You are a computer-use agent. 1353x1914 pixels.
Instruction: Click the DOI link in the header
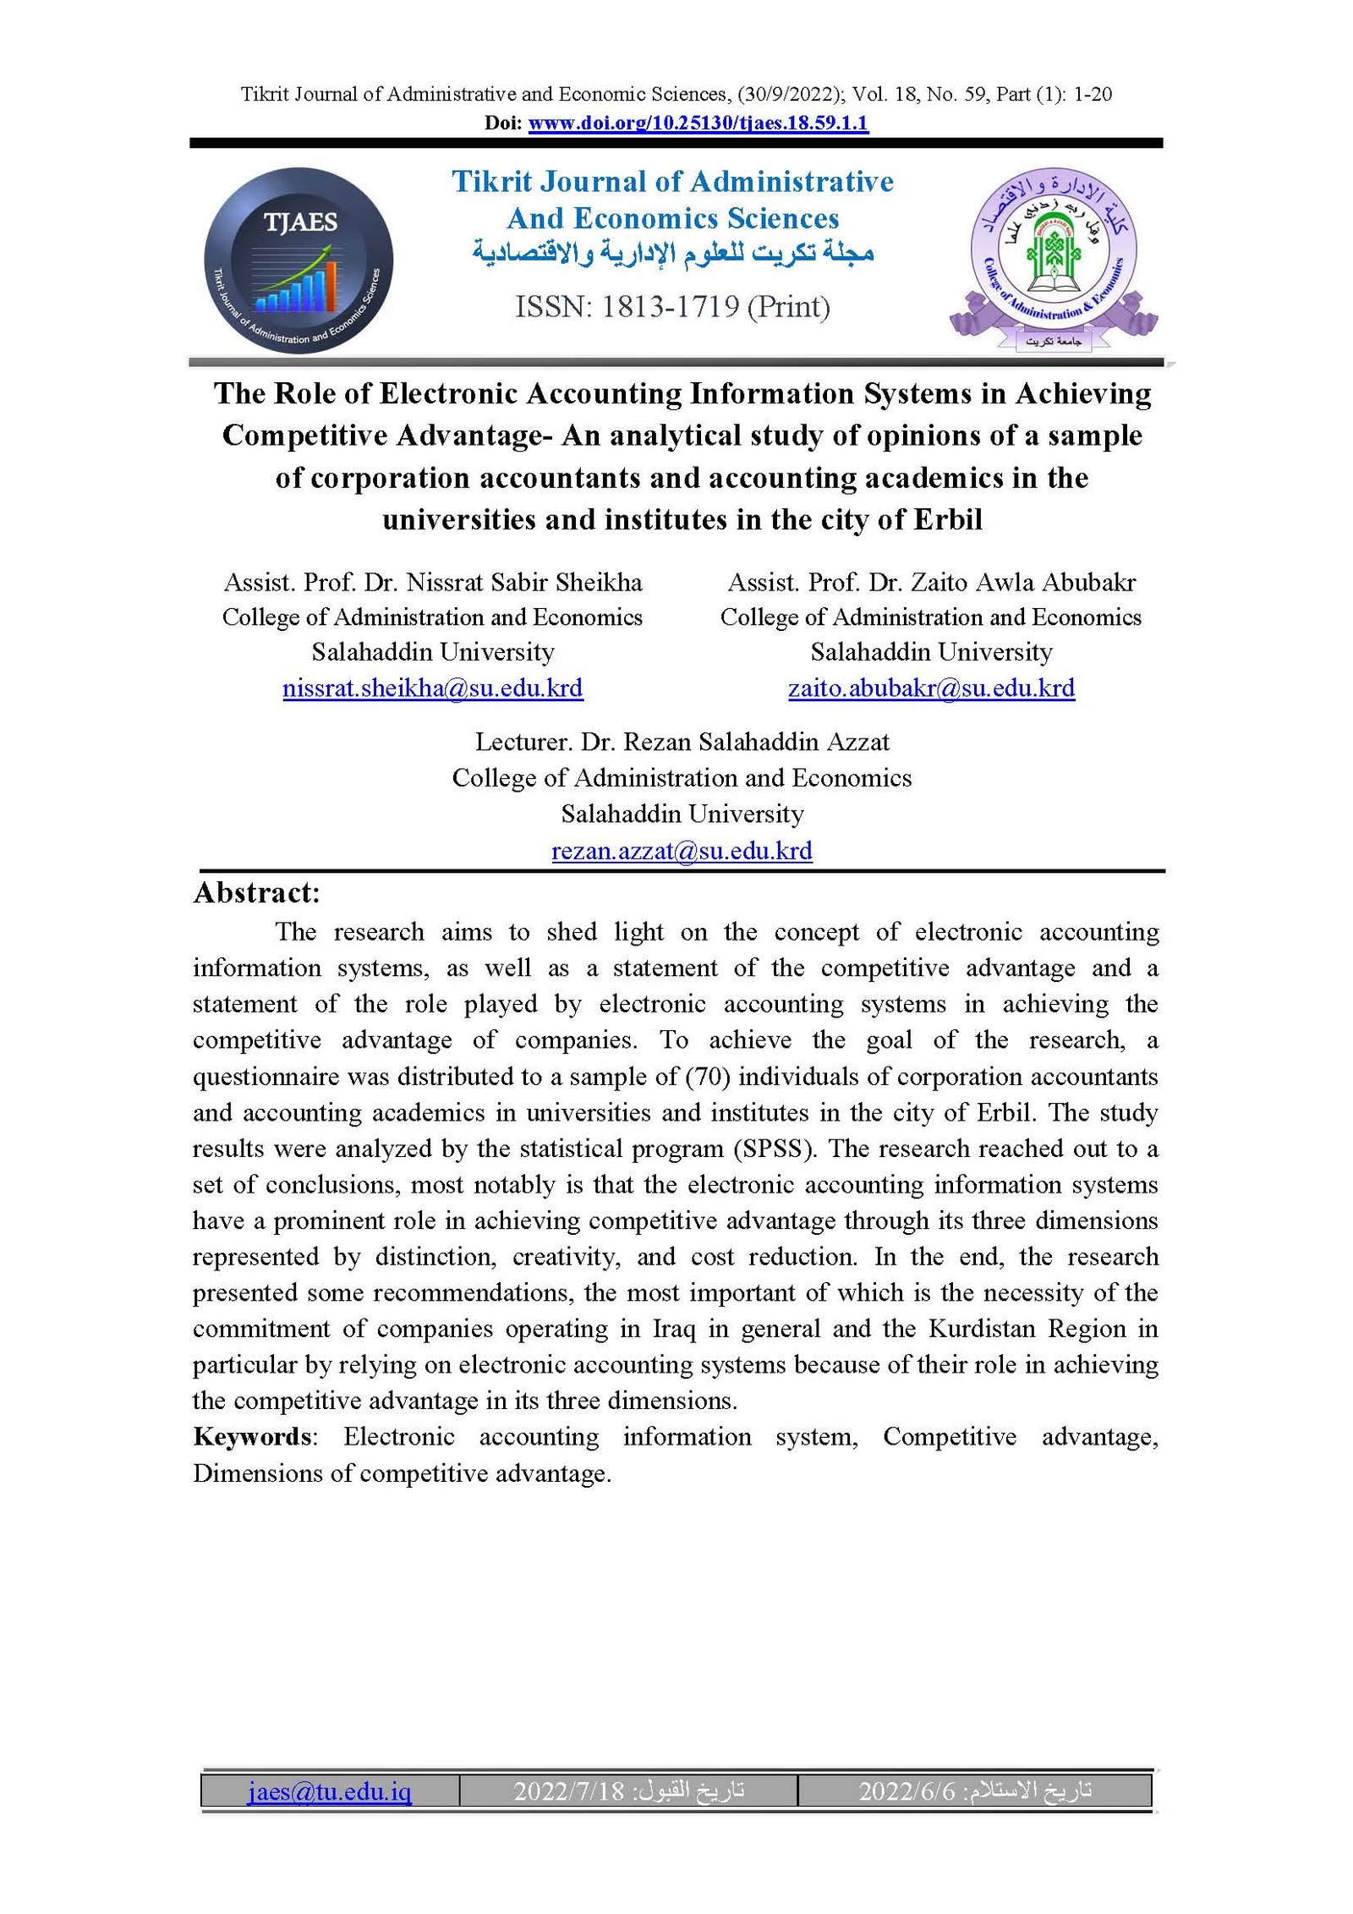coord(698,123)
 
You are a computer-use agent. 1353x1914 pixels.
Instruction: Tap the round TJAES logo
coord(299,260)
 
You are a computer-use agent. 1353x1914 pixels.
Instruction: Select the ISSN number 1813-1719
coord(671,307)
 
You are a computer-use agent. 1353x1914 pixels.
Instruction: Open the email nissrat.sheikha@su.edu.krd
coord(432,688)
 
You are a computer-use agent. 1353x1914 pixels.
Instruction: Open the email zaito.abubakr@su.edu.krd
coord(931,688)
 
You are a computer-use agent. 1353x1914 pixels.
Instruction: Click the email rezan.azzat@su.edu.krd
coord(682,851)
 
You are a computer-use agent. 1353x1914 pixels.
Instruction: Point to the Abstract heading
coord(257,893)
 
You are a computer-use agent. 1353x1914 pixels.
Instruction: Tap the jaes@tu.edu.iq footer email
coord(330,1791)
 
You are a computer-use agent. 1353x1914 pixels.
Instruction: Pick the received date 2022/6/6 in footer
coord(907,1791)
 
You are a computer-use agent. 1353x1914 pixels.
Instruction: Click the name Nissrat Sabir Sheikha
coord(524,583)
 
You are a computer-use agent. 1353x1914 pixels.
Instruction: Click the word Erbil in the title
coord(948,519)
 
